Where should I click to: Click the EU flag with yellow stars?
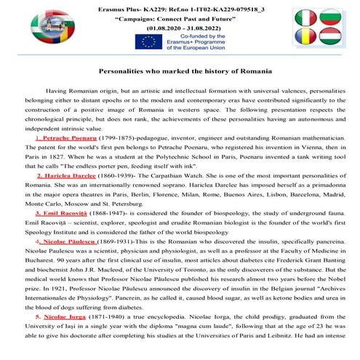pyautogui.click(x=145, y=43)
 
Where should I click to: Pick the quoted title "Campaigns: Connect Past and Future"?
pyautogui.click(x=177, y=17)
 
